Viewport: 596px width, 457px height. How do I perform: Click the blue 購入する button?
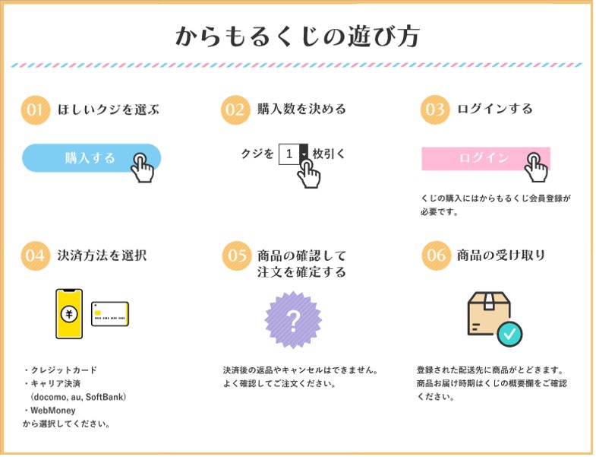click(x=90, y=158)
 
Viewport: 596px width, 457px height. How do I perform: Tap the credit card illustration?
click(x=110, y=313)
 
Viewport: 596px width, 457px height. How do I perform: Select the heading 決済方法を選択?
click(x=102, y=255)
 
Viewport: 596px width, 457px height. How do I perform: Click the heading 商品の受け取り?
click(x=501, y=255)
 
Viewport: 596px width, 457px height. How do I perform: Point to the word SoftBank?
click(x=106, y=397)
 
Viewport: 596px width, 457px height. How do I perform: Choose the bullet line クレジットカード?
click(x=62, y=370)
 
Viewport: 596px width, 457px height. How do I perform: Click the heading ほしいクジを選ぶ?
click(x=109, y=109)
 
